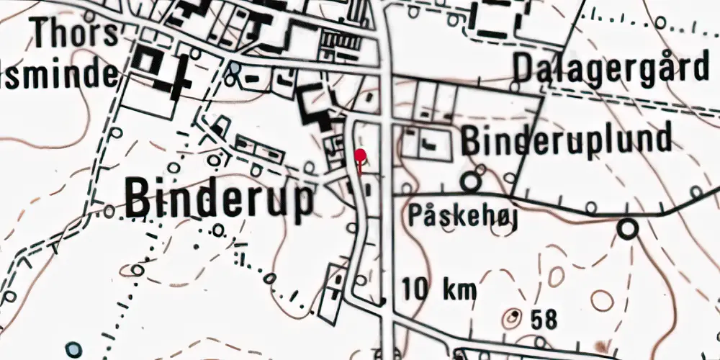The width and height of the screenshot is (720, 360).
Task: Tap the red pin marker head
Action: (360, 154)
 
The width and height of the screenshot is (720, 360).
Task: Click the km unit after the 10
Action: (459, 289)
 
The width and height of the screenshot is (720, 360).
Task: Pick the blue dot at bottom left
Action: (73, 349)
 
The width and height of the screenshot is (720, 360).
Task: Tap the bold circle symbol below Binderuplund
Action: (471, 181)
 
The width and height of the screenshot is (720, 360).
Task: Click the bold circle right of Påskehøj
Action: (629, 229)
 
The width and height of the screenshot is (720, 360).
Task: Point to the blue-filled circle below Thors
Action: (235, 70)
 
